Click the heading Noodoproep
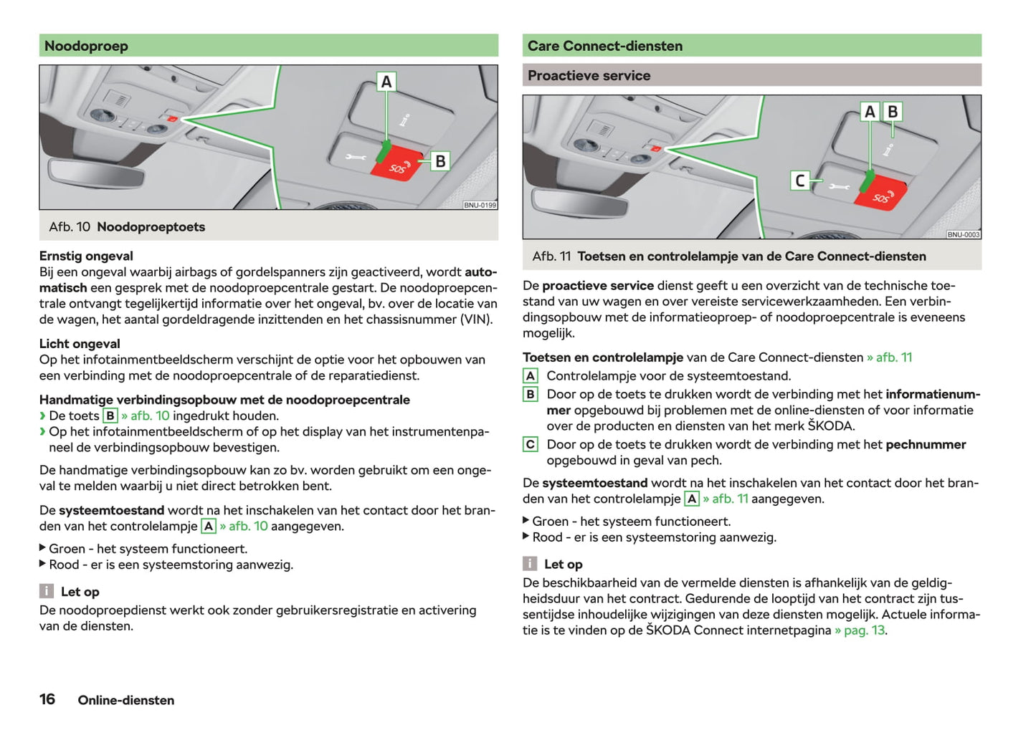[86, 46]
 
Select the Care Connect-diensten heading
[604, 46]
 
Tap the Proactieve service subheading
[589, 75]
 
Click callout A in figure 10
[386, 82]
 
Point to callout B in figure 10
[440, 161]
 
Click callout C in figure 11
[800, 181]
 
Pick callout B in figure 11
[893, 112]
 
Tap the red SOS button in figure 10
[399, 164]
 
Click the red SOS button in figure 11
[882, 194]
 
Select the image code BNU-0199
[480, 205]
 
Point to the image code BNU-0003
[963, 234]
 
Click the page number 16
[47, 699]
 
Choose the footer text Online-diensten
[126, 701]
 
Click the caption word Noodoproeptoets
[151, 227]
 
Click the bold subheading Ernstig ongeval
[86, 256]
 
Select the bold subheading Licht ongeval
[80, 344]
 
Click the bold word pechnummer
[926, 445]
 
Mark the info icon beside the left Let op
[46, 591]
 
